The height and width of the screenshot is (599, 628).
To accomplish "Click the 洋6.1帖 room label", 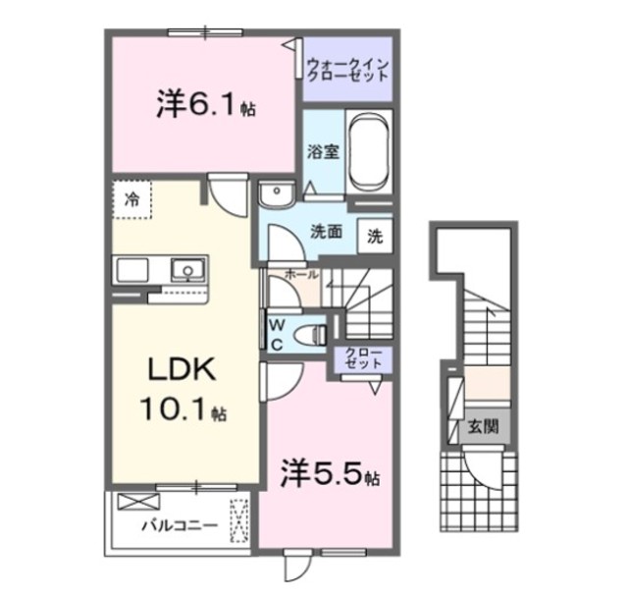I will pyautogui.click(x=205, y=105).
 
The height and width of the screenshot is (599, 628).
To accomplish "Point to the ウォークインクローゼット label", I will pyautogui.click(x=349, y=71).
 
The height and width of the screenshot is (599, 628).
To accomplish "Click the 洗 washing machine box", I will pyautogui.click(x=376, y=235).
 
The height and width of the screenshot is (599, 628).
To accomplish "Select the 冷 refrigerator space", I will pyautogui.click(x=131, y=199).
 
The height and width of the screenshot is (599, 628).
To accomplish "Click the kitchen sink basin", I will pyautogui.click(x=185, y=268).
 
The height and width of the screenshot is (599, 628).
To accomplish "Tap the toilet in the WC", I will pyautogui.click(x=313, y=332).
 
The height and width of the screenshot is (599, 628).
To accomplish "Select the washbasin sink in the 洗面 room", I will pyautogui.click(x=276, y=192).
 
